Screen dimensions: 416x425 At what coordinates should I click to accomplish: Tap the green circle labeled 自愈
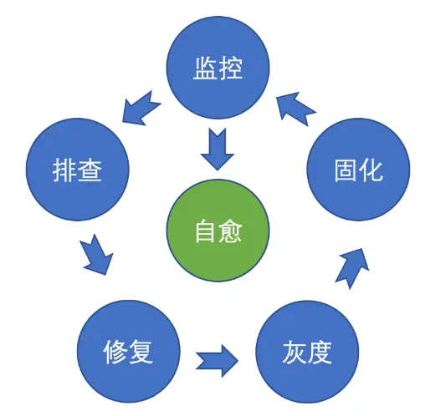pyautogui.click(x=218, y=231)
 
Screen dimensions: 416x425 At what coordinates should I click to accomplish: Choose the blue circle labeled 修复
pyautogui.click(x=129, y=352)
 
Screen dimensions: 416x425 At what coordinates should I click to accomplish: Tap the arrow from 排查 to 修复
pyautogui.click(x=97, y=254)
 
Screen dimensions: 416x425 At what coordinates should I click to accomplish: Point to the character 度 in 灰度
pyautogui.click(x=320, y=352)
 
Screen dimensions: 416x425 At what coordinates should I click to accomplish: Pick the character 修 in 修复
pyautogui.click(x=116, y=352)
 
